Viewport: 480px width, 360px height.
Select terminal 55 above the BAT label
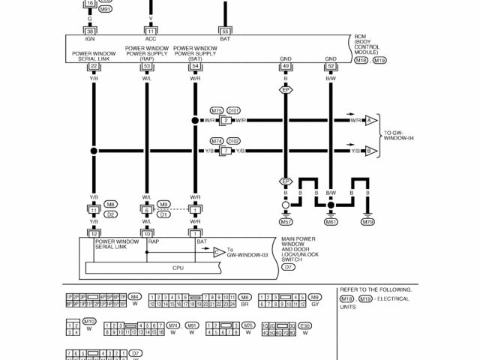224,31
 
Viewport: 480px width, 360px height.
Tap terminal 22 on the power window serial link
93,66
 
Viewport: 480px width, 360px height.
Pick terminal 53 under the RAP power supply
147,66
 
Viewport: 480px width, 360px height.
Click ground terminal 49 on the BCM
285,66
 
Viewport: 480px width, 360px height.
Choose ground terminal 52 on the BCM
330,66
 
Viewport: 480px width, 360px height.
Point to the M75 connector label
217,110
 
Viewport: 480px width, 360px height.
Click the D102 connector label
233,141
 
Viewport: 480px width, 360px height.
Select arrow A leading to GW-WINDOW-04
369,120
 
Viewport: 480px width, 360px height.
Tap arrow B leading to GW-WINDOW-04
369,151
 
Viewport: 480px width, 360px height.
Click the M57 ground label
285,222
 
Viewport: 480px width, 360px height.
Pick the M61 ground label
330,222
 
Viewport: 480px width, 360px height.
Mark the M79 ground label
367,222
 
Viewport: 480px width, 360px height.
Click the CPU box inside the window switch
178,268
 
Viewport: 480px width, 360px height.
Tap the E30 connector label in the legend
304,326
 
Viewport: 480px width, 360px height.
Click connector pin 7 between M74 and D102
225,151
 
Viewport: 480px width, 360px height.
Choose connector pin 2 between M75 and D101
225,120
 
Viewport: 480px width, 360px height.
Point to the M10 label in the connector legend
89,322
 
